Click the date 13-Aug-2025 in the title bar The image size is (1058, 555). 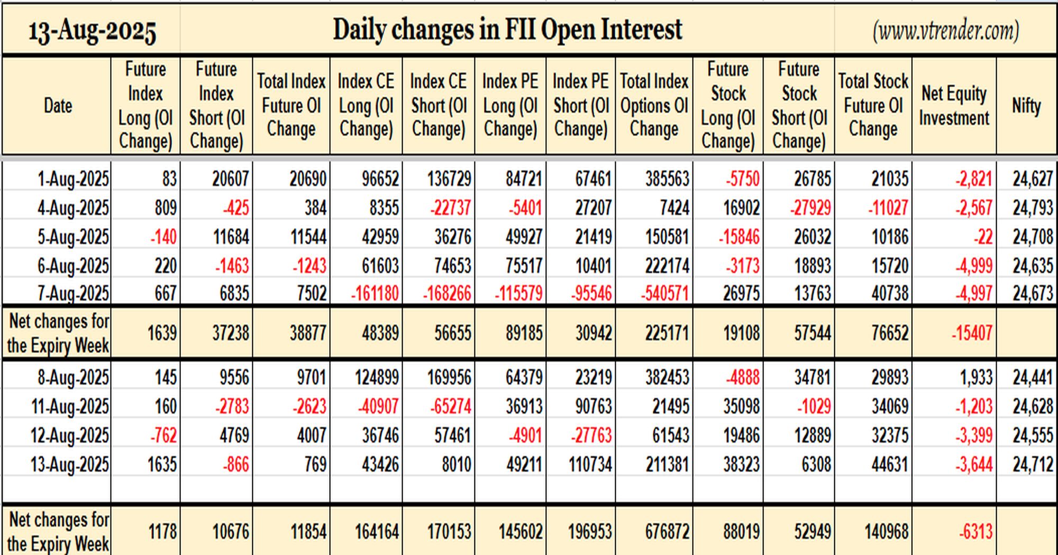(92, 32)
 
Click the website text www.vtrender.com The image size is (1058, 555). (946, 31)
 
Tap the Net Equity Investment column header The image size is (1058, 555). (954, 106)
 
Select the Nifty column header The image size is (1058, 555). (1026, 106)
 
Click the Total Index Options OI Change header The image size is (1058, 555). (654, 105)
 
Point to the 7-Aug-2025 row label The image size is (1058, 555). (73, 293)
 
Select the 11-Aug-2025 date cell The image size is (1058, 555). (70, 406)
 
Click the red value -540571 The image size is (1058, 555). (665, 293)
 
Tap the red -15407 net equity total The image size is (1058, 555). (972, 333)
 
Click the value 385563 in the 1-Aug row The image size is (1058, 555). (667, 179)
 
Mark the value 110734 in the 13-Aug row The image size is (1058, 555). (590, 465)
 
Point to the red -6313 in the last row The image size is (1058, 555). (975, 532)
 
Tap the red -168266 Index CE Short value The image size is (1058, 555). (447, 293)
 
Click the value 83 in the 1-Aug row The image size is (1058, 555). (169, 179)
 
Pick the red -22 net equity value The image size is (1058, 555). (983, 236)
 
